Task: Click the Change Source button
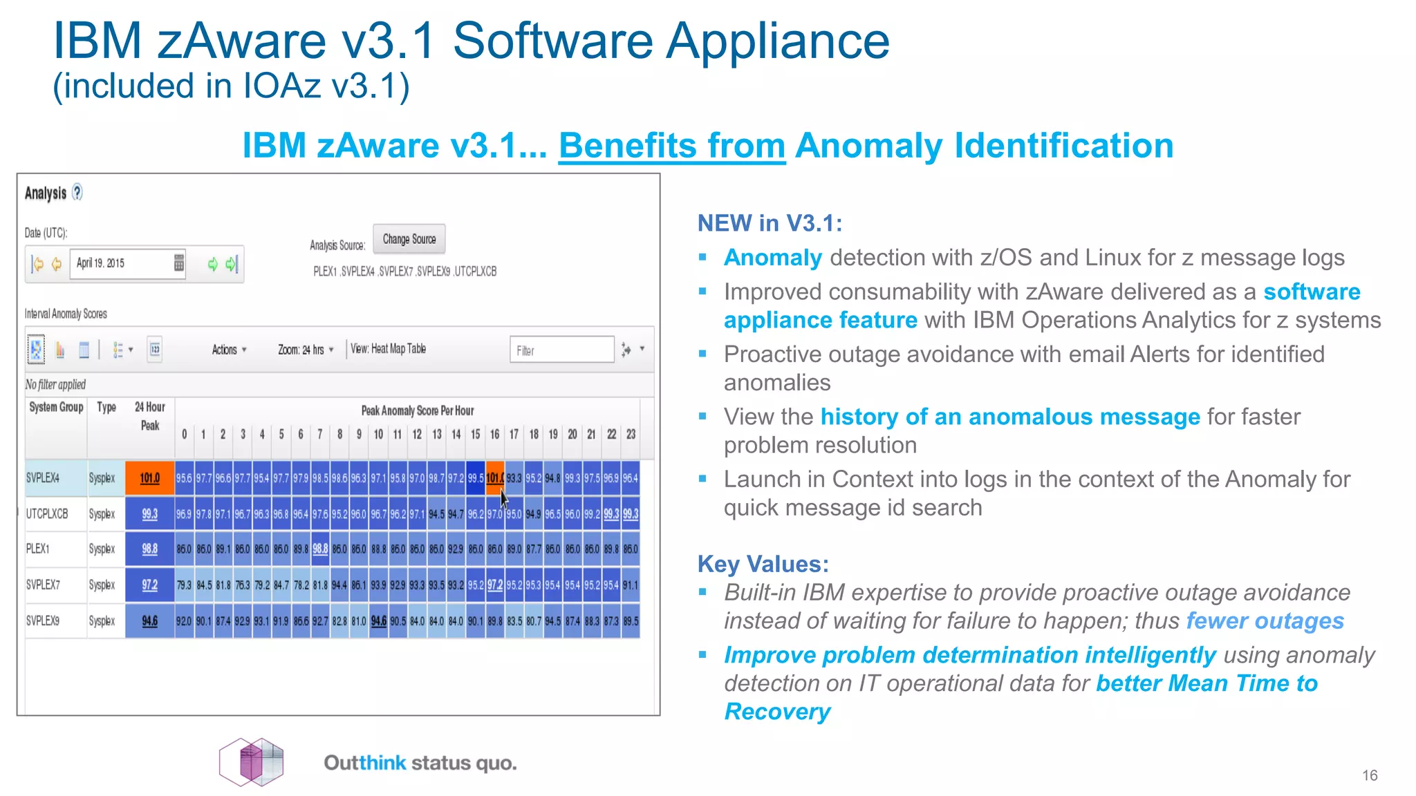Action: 409,239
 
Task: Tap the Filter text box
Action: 561,350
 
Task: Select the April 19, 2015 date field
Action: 122,263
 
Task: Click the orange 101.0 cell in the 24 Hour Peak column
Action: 149,478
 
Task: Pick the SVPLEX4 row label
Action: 44,478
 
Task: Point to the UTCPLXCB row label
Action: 47,514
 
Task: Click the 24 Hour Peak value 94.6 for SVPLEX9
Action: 149,621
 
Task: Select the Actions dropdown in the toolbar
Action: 229,350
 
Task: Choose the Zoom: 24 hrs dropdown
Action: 306,350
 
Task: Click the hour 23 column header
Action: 631,435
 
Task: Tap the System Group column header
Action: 56,408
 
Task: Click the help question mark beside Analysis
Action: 77,192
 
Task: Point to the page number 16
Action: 1370,775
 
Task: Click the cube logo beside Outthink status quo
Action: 252,761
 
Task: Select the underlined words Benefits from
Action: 671,146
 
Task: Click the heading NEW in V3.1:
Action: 770,223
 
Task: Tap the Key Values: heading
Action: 763,564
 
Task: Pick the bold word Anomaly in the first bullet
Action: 772,258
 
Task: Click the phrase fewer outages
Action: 1265,621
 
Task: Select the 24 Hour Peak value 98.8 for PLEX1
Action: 149,549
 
